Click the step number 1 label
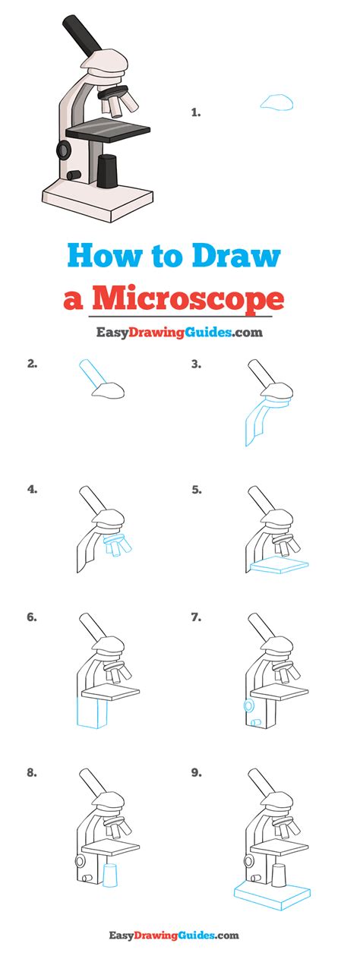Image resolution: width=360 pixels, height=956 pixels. coord(195,112)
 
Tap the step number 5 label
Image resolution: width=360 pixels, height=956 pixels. coord(196,490)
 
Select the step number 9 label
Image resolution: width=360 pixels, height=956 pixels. coord(196,773)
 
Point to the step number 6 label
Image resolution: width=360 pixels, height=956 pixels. coord(32,617)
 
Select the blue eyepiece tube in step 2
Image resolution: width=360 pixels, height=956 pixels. coord(90,374)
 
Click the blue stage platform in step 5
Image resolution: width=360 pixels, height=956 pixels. coord(279,566)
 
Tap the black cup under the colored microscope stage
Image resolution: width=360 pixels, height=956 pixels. coord(108,171)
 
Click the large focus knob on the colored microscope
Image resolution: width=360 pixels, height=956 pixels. coord(62,149)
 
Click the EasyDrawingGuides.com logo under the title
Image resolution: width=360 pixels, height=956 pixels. coord(179,332)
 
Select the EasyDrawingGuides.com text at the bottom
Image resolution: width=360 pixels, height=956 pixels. coord(179,936)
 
